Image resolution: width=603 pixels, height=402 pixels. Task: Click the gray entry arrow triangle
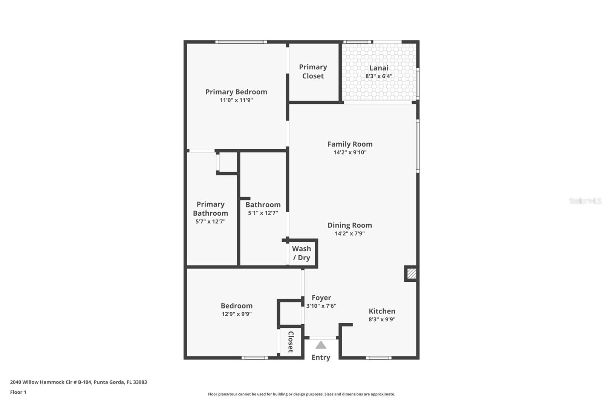(321, 345)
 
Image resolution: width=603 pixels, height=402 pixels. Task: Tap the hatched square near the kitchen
(412, 274)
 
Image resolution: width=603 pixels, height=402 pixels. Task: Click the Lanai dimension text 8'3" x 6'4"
(379, 76)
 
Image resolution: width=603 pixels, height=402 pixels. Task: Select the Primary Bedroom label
(236, 92)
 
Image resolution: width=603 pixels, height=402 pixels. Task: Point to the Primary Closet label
(313, 71)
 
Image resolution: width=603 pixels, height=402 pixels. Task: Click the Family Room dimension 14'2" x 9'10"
(350, 152)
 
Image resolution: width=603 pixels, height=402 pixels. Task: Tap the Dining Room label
(350, 225)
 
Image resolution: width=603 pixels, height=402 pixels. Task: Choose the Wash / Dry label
(301, 253)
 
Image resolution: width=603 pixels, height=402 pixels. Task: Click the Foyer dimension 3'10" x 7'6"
(321, 306)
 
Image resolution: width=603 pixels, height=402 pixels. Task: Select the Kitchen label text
(382, 311)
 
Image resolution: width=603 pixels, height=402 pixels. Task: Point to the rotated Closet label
(291, 342)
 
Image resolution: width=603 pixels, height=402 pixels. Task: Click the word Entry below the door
(321, 358)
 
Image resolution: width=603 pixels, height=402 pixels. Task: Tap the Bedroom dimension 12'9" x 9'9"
(237, 314)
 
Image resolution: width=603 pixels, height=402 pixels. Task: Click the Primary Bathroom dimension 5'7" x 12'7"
(211, 221)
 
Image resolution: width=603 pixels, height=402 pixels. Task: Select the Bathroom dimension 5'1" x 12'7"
(263, 213)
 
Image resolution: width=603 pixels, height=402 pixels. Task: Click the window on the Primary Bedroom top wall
(241, 42)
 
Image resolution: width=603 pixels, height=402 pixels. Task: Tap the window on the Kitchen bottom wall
(378, 358)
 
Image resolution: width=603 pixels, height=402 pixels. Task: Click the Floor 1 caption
(18, 392)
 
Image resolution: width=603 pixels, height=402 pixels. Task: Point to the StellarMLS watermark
(585, 201)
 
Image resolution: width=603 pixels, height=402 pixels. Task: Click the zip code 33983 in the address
(140, 382)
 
